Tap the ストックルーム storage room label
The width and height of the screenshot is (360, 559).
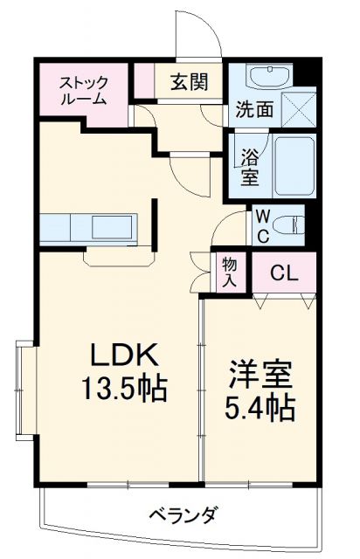[83, 91]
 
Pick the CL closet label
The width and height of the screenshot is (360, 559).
[282, 273]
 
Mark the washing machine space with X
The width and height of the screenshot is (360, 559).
[299, 108]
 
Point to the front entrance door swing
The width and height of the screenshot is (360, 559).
[197, 35]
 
